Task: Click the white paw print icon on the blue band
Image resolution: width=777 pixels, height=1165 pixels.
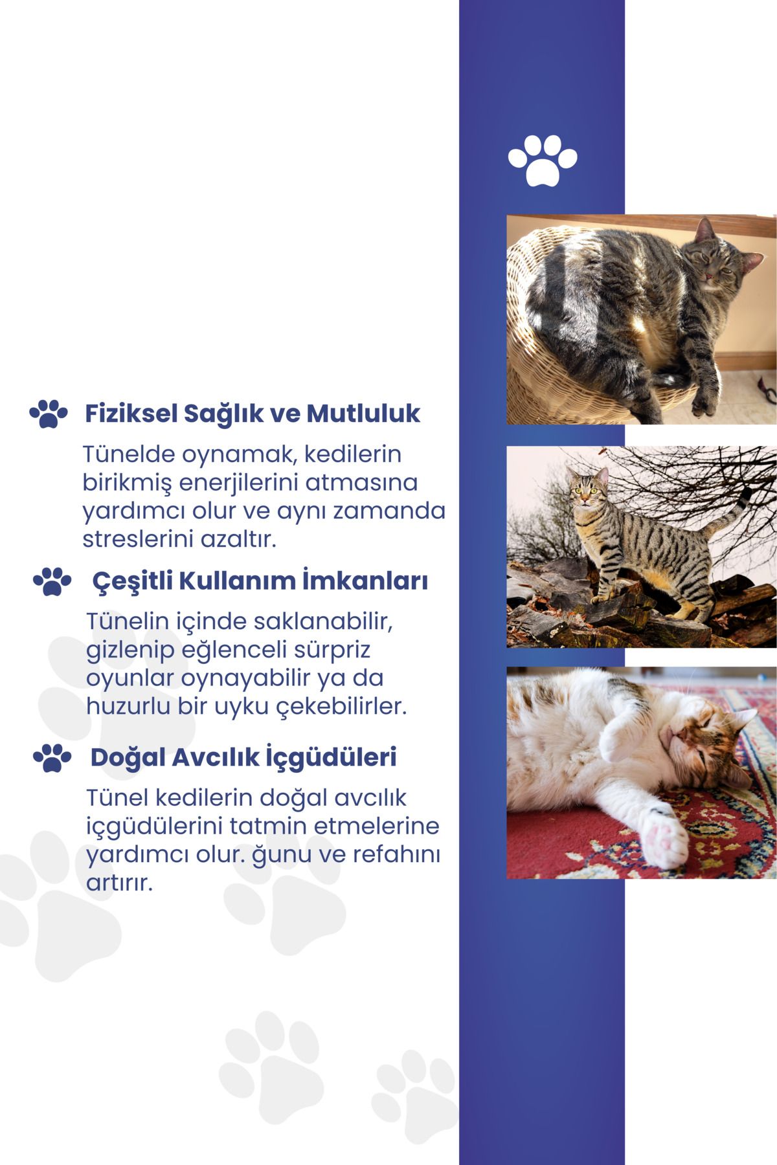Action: click(543, 160)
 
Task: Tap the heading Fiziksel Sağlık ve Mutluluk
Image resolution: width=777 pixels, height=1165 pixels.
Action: click(253, 413)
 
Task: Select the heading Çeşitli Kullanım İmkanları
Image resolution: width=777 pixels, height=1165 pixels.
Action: click(260, 581)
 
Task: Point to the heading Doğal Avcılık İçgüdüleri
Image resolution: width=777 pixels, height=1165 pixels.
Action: click(243, 757)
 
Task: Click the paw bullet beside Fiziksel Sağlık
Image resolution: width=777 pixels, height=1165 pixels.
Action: click(49, 413)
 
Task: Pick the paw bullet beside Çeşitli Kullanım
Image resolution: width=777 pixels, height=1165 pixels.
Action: click(52, 581)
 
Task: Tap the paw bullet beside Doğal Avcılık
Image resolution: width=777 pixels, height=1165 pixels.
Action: click(52, 757)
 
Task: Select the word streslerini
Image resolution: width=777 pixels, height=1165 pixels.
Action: click(138, 539)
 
